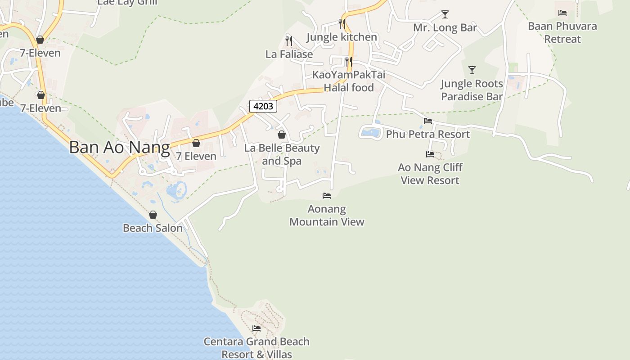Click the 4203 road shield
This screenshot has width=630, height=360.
point(263,106)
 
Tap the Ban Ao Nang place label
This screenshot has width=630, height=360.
point(120,148)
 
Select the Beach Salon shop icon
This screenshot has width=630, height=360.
point(153,215)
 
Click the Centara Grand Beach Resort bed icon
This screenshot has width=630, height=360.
point(256,328)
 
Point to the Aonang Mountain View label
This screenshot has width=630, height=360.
point(327,216)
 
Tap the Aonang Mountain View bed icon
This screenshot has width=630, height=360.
point(327,196)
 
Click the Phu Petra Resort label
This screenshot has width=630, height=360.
point(427,134)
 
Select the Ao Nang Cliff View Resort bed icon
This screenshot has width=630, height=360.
point(430,154)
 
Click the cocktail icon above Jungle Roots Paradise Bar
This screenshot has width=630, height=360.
point(472,70)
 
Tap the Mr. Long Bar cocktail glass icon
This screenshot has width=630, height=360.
point(445,14)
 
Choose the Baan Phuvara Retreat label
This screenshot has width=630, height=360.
point(562,32)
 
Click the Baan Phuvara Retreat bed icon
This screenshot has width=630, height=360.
point(562,13)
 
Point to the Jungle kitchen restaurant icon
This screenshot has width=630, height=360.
point(342,23)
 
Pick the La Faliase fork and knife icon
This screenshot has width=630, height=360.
point(289,41)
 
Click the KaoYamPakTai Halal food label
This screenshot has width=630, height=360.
point(349,81)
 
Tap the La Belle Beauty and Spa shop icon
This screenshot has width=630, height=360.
point(282,135)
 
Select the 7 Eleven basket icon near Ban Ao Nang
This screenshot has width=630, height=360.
point(196,143)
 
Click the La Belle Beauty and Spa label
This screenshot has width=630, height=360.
point(282,154)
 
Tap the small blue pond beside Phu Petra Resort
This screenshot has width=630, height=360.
point(371,133)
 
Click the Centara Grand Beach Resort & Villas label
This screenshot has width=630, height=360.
point(256,348)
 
